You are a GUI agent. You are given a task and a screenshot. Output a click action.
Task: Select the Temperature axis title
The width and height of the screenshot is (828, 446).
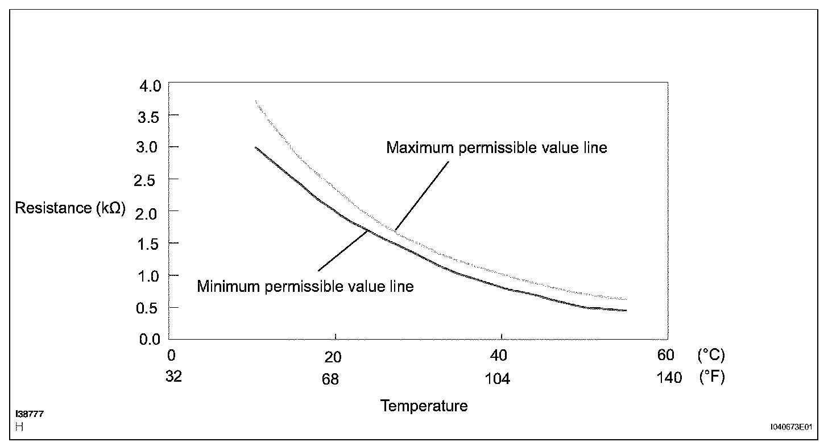pyautogui.click(x=424, y=406)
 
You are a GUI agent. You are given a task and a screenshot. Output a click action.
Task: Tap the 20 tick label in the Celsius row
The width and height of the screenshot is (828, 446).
pyautogui.click(x=333, y=357)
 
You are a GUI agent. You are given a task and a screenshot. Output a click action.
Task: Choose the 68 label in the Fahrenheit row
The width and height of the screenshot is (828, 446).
pyautogui.click(x=330, y=379)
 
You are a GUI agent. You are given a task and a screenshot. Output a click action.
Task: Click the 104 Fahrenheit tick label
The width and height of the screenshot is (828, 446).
pyautogui.click(x=497, y=379)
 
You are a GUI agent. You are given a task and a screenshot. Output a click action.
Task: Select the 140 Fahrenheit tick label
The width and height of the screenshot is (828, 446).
pyautogui.click(x=669, y=378)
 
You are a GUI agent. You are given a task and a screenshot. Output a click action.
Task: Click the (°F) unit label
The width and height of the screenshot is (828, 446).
pyautogui.click(x=711, y=378)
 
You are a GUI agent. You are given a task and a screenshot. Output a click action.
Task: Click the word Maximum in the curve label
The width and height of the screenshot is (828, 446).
pyautogui.click(x=419, y=148)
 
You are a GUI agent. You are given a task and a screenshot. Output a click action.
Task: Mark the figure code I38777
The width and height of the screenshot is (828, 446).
pyautogui.click(x=30, y=414)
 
